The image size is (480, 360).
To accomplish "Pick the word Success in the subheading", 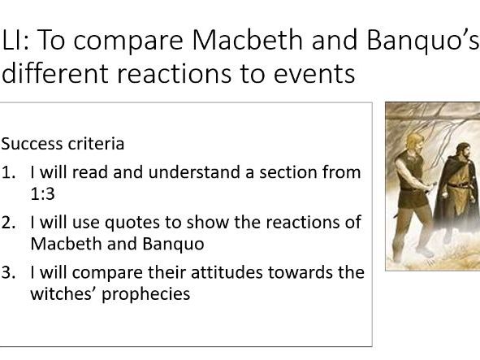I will [29, 144].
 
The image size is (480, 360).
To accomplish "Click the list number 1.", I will [7, 172].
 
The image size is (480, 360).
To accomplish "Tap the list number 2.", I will [7, 223].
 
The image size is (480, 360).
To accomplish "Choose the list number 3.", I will [7, 272].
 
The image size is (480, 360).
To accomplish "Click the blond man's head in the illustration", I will [408, 129].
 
